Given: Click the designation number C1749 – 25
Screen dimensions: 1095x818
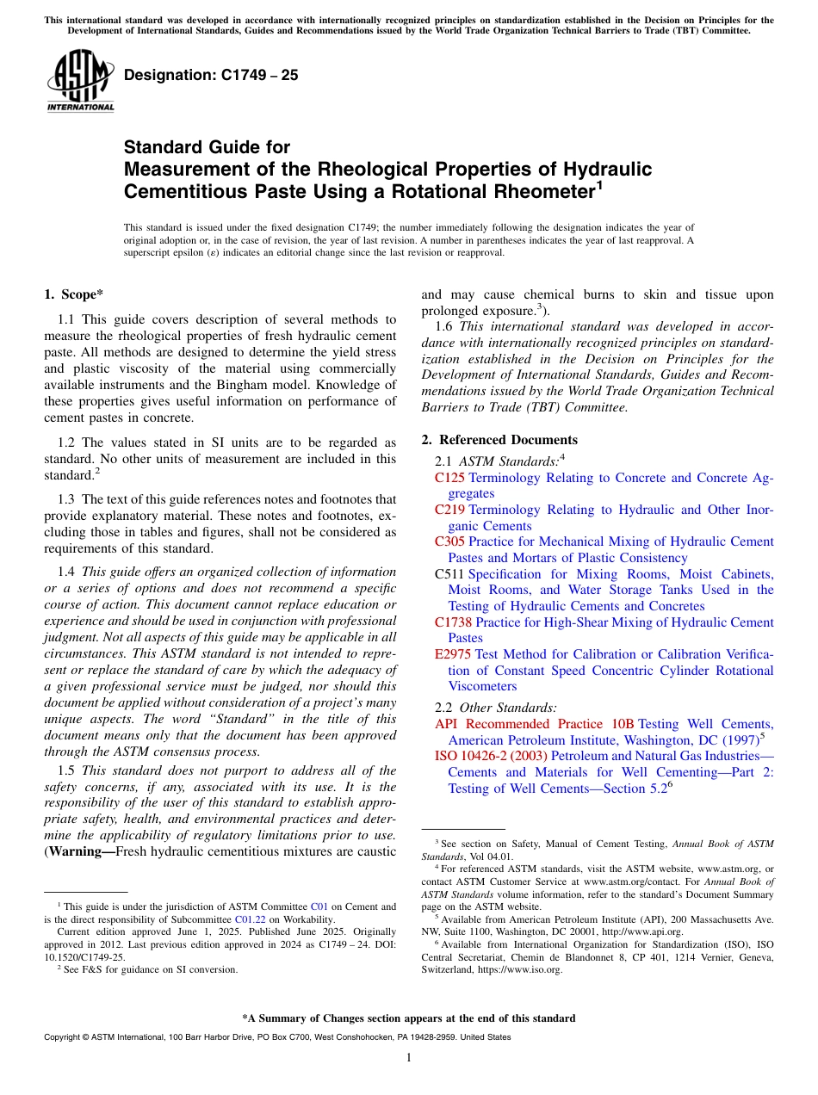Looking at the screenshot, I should [x=211, y=75].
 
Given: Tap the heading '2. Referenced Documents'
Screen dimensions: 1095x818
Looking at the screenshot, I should [x=499, y=440].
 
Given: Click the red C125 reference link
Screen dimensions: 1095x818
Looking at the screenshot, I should [x=449, y=478].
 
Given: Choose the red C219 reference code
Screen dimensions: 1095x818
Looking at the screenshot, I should [x=449, y=510].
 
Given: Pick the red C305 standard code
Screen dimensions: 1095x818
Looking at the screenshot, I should [x=449, y=541].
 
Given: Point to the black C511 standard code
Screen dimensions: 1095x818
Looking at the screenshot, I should [x=449, y=573].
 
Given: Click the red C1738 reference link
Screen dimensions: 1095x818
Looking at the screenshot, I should [x=453, y=622].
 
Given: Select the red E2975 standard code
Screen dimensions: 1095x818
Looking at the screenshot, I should [x=453, y=654].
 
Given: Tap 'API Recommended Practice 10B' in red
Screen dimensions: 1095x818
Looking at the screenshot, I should [x=534, y=724].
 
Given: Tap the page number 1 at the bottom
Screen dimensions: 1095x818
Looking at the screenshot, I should [x=409, y=1057].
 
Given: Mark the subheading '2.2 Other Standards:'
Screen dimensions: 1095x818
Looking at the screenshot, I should [x=496, y=708].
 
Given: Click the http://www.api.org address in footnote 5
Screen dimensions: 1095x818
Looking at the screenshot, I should [x=637, y=931].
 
